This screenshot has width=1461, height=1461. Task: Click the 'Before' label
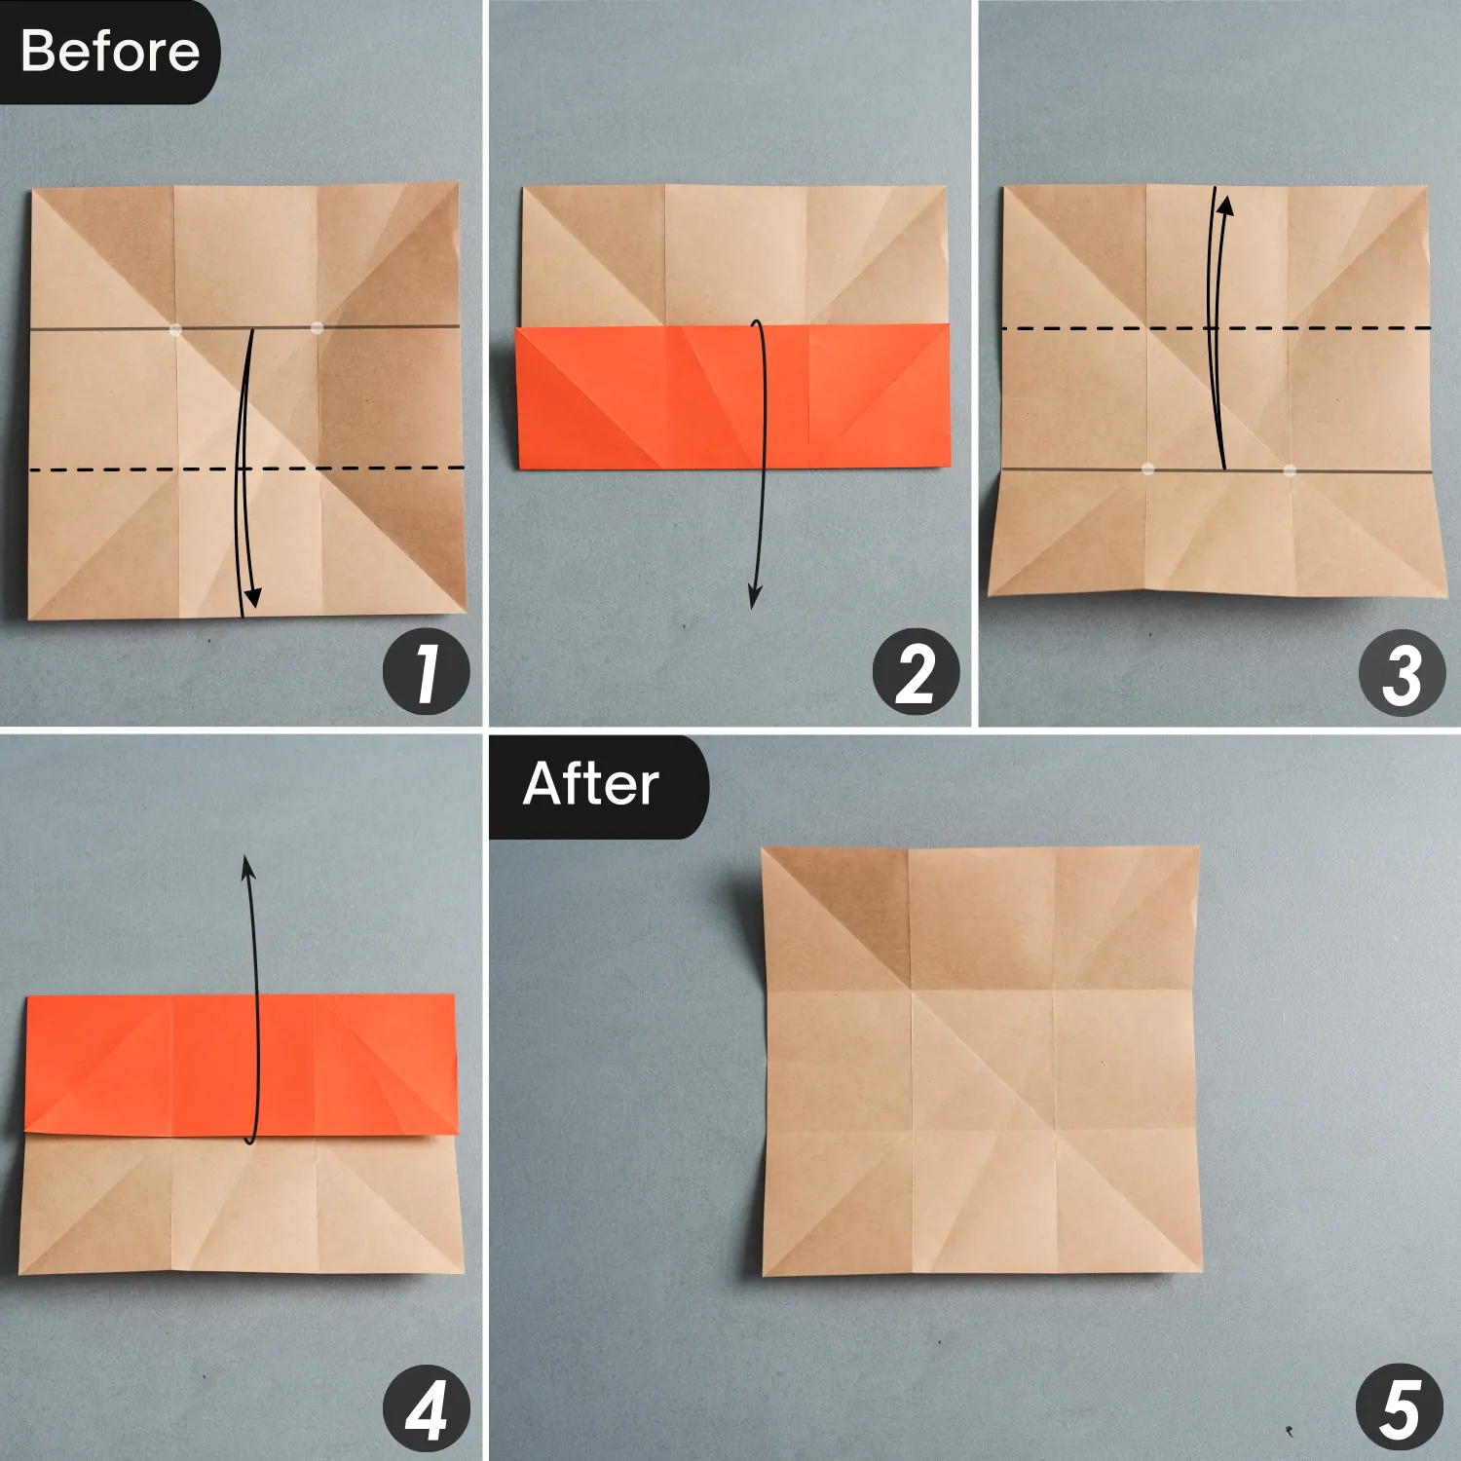coord(109,51)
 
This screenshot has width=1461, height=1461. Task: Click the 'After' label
coord(591,784)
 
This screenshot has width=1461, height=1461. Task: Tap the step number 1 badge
coord(426,673)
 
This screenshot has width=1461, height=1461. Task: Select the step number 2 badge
coord(916,673)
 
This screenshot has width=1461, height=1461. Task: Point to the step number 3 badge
coord(1402,673)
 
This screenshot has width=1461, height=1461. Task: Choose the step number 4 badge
coord(426,1408)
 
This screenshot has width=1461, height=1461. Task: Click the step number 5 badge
coord(1399,1408)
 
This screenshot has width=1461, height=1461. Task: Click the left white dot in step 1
coord(175,329)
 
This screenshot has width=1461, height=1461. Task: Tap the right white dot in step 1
coord(317,328)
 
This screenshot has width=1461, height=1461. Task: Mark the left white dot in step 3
coord(1147,468)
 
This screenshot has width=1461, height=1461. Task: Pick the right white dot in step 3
coord(1290,470)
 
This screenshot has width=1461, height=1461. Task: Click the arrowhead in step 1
coord(252,598)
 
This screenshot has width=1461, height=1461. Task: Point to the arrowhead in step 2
coord(754,597)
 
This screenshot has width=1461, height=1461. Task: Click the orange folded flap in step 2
coord(730,396)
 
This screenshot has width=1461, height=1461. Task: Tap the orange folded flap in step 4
coord(241,1065)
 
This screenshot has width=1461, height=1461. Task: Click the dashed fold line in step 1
coord(117,470)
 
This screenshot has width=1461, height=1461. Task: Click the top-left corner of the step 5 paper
coord(764,849)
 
